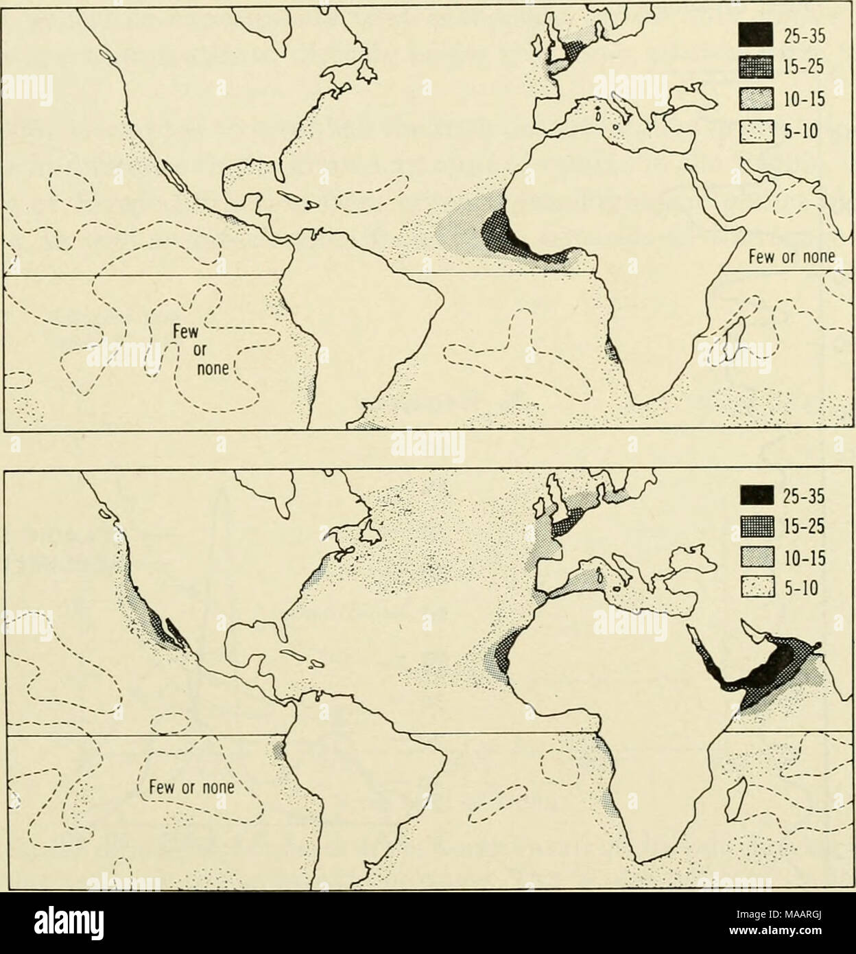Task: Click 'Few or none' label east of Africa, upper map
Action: click(790, 258)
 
